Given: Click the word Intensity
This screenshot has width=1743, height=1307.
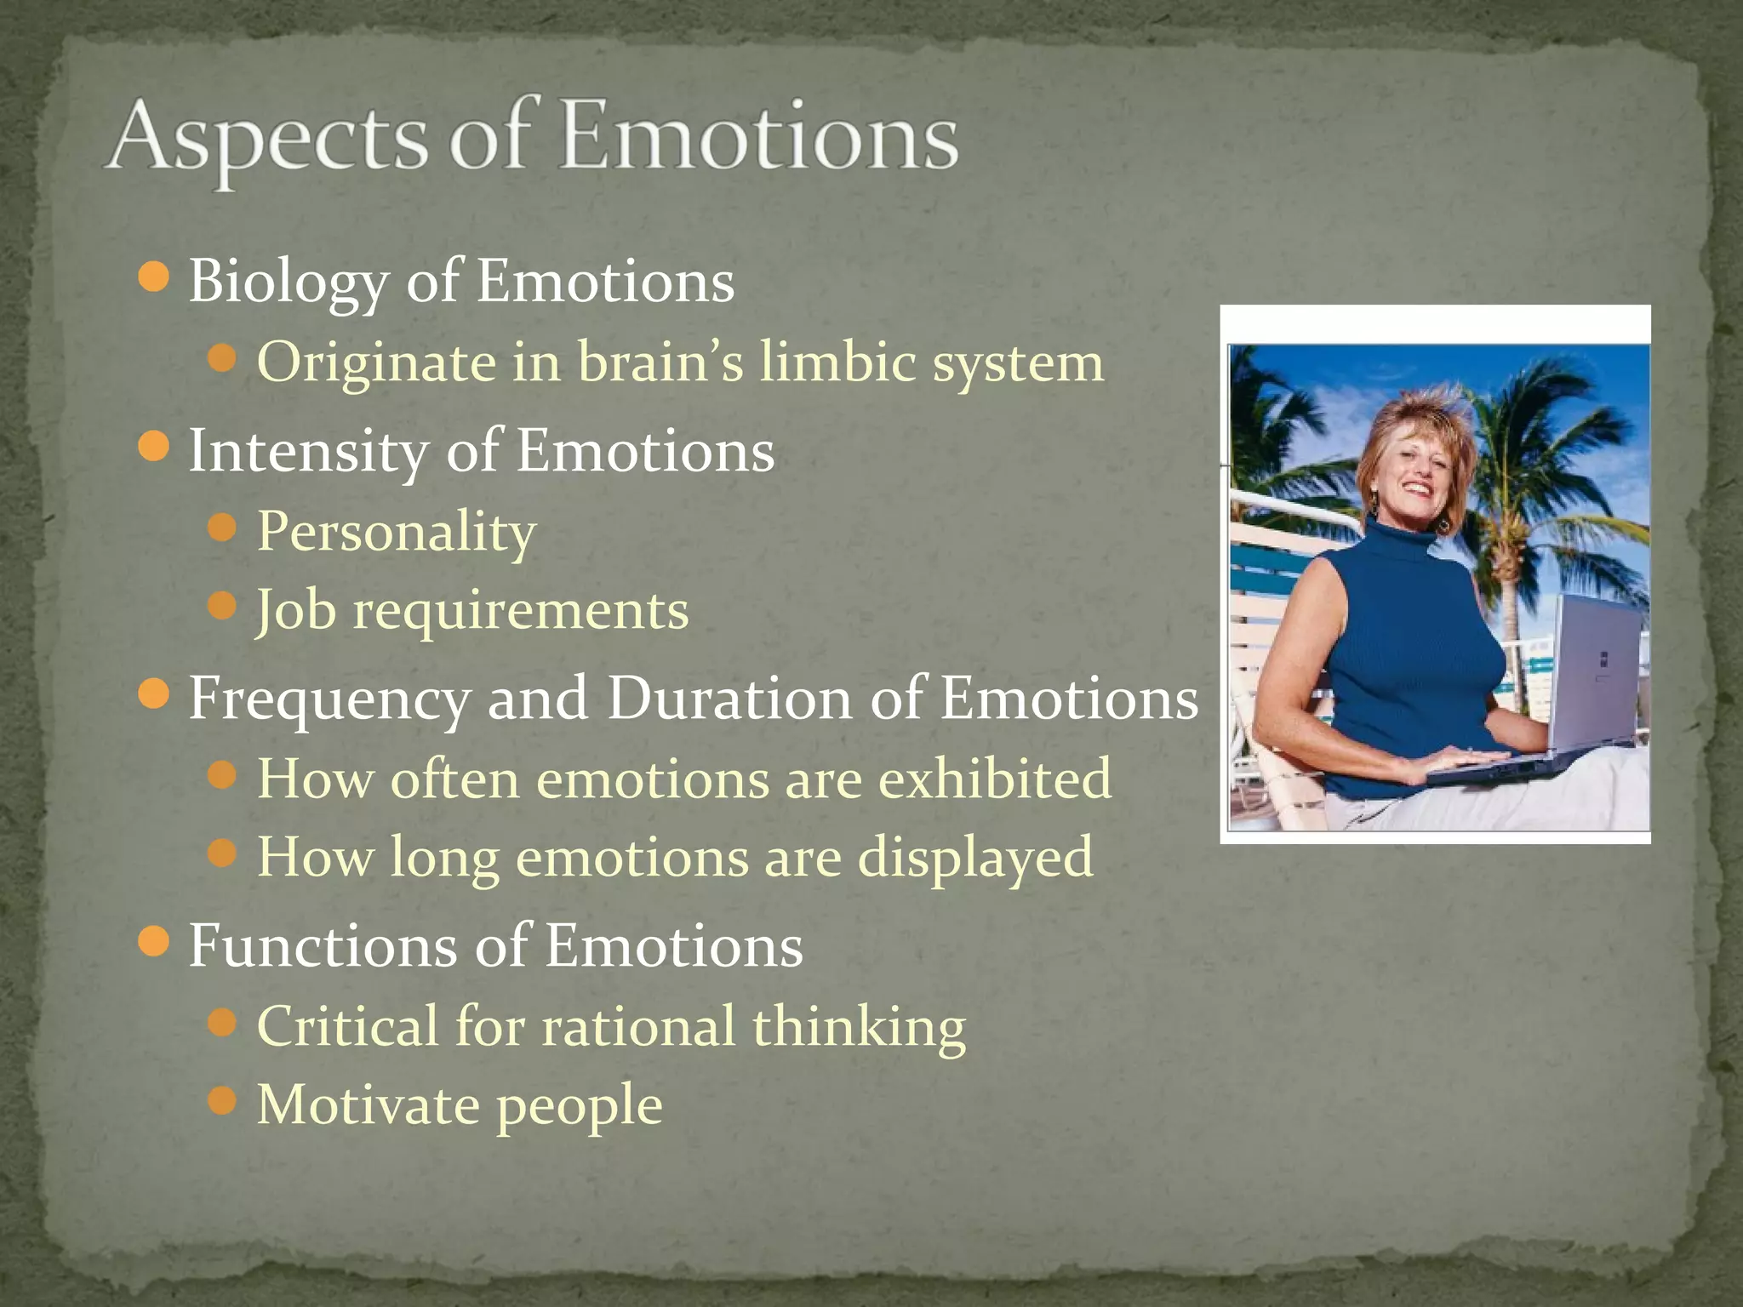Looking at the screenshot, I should [x=308, y=451].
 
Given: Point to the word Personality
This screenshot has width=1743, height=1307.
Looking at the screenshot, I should [x=397, y=532].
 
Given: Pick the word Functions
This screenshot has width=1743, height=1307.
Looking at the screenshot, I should [x=323, y=946].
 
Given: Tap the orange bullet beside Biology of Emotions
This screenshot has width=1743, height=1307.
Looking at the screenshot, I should [x=153, y=278].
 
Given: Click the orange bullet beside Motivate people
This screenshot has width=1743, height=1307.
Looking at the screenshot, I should [x=221, y=1101].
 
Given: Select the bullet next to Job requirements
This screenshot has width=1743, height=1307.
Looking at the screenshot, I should [x=221, y=607].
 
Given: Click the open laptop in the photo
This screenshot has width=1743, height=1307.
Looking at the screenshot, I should [x=1583, y=681].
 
